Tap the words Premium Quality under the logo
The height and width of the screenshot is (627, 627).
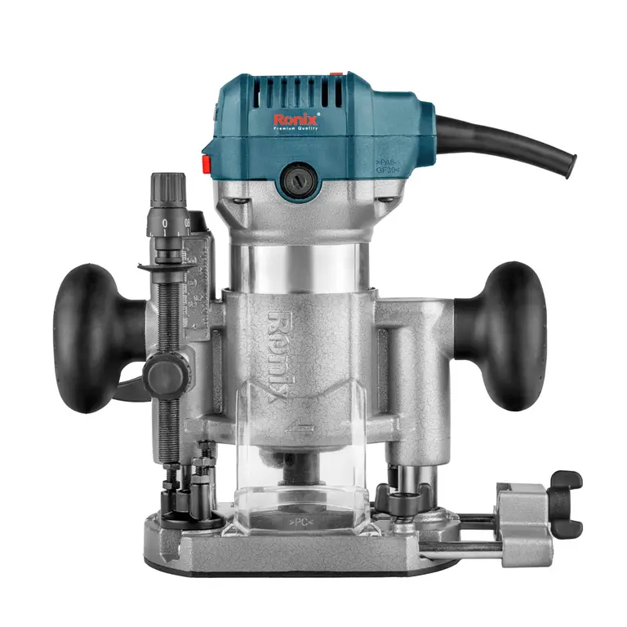pyautogui.click(x=296, y=131)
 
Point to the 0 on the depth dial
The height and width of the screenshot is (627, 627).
pyautogui.click(x=165, y=222)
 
